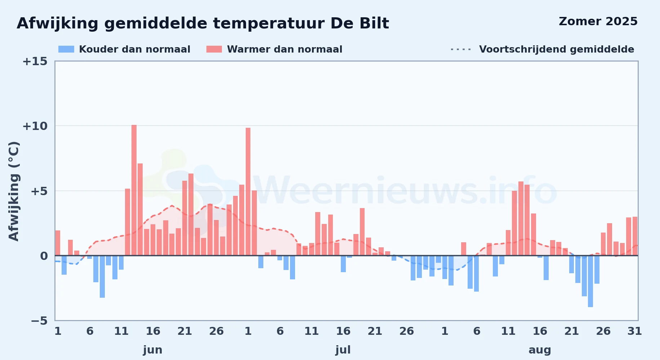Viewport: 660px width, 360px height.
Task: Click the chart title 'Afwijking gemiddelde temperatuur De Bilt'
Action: coord(203,24)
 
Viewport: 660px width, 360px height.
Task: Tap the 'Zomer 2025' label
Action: coord(598,22)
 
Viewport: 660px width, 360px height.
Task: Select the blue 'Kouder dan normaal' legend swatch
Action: coord(66,49)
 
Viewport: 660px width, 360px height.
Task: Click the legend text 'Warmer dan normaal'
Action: coord(285,49)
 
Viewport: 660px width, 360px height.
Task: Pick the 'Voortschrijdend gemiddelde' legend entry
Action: coord(542,49)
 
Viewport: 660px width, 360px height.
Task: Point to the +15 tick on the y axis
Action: coord(35,62)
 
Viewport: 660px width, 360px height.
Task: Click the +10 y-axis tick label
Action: coord(35,126)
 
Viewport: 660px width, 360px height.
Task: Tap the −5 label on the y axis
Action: coord(39,321)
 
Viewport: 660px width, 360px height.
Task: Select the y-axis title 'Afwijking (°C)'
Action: coord(14,191)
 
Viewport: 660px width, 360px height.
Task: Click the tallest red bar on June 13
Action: coord(134,190)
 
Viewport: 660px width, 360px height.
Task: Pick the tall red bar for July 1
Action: coord(248,192)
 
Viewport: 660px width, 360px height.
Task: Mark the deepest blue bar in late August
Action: coord(590,281)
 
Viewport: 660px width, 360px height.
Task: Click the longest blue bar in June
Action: coord(102,276)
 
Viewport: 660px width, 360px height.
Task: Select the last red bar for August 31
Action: coord(635,236)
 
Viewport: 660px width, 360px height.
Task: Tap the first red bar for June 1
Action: coord(58,243)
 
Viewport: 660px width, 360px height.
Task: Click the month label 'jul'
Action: coord(343,350)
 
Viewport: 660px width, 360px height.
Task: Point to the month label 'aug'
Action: coord(540,350)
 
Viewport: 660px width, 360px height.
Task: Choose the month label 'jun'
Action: coord(153,350)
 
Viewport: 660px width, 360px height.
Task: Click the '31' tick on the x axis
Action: coord(635,331)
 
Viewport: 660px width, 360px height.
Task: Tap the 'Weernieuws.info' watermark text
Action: coord(405,191)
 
